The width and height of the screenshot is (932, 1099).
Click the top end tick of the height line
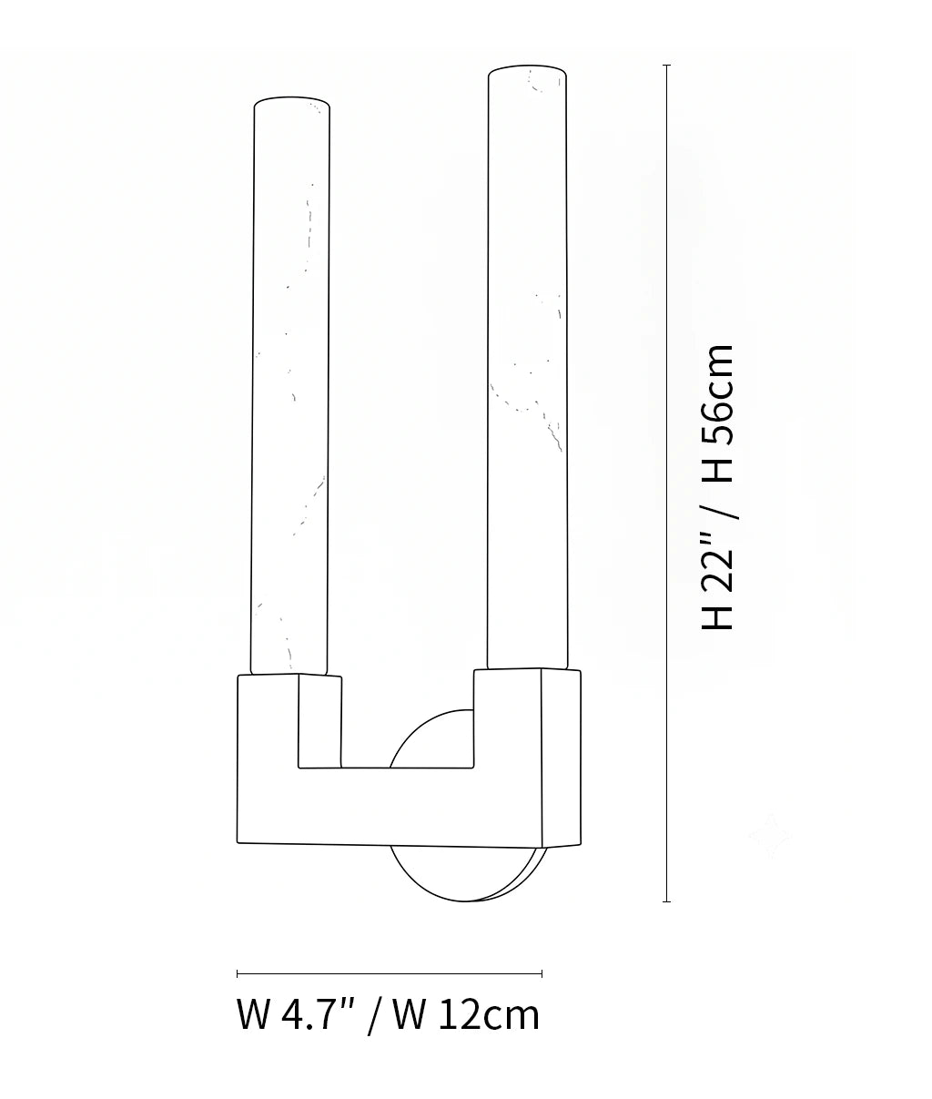667,66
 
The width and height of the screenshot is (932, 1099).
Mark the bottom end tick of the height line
667,901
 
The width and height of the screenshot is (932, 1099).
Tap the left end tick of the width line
238,973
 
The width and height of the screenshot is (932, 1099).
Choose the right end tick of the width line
542,973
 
